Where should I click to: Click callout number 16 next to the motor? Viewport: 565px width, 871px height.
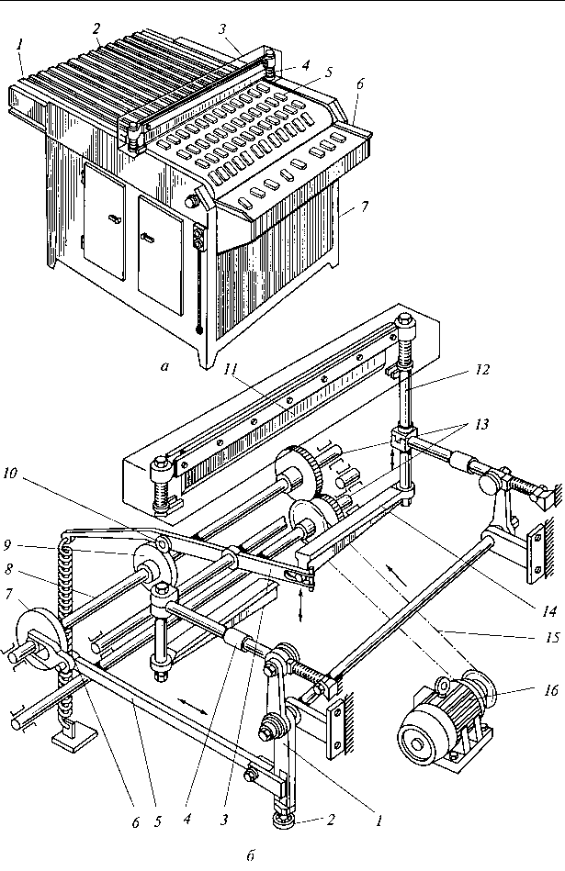[550, 690]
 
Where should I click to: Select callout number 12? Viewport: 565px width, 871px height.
[482, 369]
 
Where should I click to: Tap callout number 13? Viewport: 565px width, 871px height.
[481, 424]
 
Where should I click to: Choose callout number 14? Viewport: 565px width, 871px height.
[549, 611]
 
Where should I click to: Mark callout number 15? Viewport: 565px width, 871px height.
[551, 637]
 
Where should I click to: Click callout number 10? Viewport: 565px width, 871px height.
[26, 473]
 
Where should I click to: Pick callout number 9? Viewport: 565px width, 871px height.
[6, 545]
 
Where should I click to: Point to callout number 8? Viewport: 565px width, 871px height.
[7, 569]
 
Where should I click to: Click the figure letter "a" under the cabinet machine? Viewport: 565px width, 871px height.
[164, 366]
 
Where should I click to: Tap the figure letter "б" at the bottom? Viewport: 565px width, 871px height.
[251, 855]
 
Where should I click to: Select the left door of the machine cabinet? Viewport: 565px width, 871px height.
[105, 220]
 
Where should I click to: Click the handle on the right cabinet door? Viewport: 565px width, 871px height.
[149, 237]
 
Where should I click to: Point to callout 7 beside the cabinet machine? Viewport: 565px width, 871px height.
[364, 207]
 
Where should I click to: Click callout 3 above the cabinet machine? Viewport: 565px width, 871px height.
[222, 28]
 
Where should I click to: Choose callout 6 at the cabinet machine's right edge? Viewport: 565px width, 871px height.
[360, 84]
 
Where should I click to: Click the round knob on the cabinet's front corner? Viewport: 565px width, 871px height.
[192, 201]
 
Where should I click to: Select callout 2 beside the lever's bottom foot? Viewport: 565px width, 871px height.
[331, 820]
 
